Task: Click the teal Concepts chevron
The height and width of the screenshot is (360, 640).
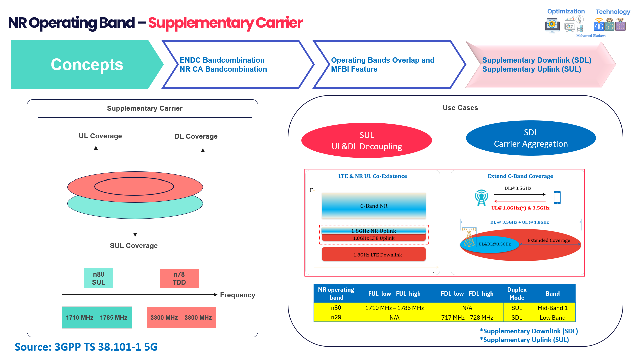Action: point(87,64)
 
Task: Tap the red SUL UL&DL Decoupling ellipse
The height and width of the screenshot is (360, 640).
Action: point(366,140)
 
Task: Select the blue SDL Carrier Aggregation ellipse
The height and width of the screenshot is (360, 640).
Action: point(530,138)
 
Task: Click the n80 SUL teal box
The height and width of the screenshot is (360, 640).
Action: point(99,278)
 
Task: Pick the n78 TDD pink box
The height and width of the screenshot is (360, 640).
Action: point(179,278)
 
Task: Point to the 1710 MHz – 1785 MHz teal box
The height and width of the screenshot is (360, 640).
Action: point(97,317)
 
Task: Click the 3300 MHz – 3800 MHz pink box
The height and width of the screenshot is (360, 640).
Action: point(181,317)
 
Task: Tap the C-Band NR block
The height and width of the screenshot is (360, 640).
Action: point(374,206)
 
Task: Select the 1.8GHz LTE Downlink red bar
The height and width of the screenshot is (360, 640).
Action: point(374,254)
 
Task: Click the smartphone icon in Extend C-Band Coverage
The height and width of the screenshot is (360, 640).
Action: point(557,197)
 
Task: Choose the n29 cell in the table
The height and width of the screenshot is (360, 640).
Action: point(336,317)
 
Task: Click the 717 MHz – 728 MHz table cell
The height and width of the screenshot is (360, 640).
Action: point(467,317)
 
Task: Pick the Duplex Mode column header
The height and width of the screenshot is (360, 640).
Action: point(516,293)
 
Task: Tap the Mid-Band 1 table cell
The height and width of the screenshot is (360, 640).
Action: point(552,308)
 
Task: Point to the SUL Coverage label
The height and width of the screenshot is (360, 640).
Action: point(134,246)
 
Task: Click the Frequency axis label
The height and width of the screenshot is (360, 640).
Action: point(237,295)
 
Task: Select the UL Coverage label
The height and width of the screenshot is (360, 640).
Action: point(100,136)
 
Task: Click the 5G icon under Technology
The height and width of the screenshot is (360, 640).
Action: point(609,25)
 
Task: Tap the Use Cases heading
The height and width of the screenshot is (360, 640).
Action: point(460,108)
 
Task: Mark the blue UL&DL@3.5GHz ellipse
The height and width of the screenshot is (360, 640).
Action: point(490,244)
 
